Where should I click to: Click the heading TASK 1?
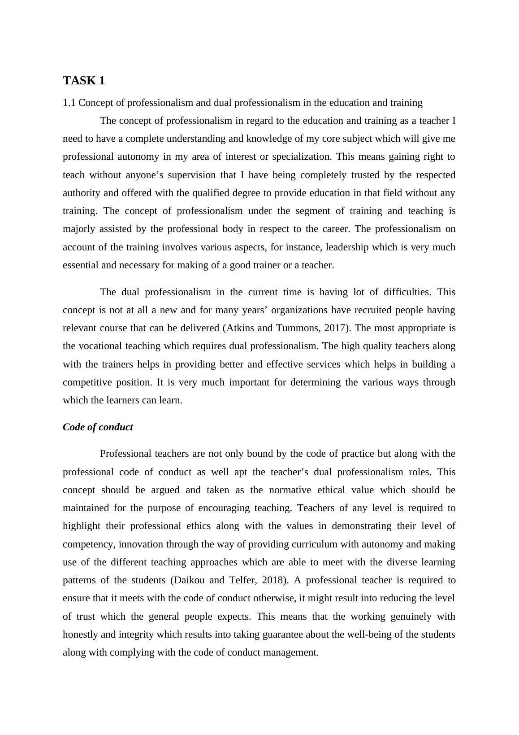point(84,81)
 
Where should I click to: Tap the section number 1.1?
point(69,103)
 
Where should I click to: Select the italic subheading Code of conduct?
point(98,427)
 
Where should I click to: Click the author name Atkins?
point(241,328)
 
